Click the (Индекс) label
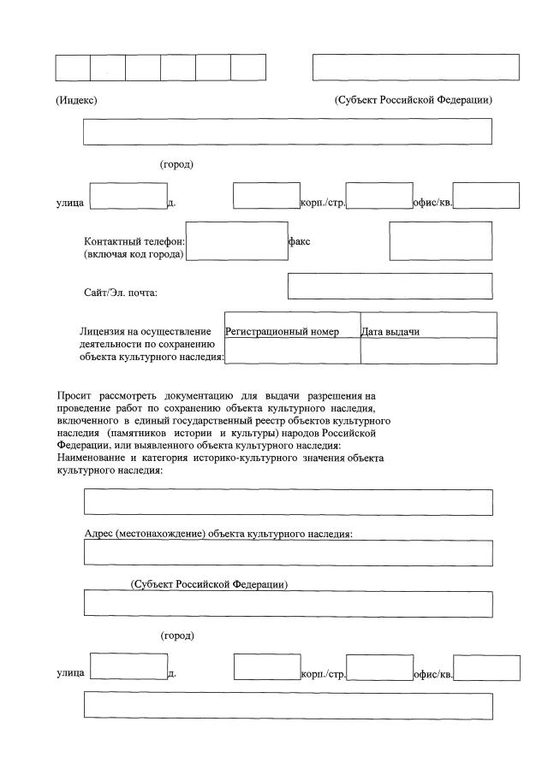coord(76,100)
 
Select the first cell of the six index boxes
coord(73,68)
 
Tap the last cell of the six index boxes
coord(248,68)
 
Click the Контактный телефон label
coord(134,242)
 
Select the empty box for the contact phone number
coord(236,240)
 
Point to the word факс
coord(300,242)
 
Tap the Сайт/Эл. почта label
coord(121,293)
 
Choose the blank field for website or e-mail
coord(390,286)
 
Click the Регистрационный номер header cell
coord(282,332)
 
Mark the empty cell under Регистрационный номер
coord(292,352)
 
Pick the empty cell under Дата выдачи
coord(428,352)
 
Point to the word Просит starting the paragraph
coord(74,396)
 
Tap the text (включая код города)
coord(134,255)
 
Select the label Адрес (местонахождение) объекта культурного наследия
coord(219,533)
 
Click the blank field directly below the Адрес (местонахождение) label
coord(288,553)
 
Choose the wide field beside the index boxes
coord(415,68)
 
